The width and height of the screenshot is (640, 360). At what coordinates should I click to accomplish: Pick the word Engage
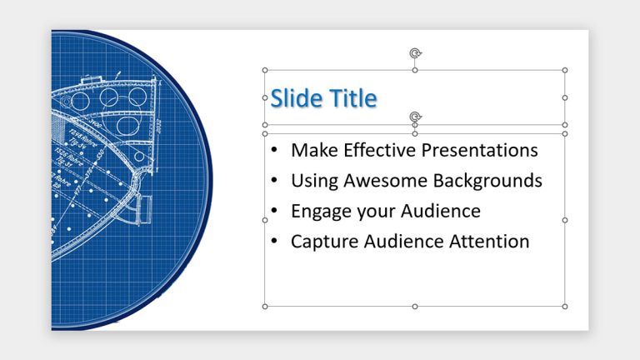point(320,212)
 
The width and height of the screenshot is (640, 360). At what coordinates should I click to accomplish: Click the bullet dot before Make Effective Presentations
point(275,151)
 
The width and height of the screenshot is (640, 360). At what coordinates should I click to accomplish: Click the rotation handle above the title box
point(415,54)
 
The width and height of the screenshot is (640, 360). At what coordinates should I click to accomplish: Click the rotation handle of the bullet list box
point(415,117)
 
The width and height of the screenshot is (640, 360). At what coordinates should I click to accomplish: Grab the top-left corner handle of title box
point(265,70)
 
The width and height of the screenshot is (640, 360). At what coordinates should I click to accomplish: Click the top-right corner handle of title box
point(565,70)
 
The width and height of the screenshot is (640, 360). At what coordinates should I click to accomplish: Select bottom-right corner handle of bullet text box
point(565,307)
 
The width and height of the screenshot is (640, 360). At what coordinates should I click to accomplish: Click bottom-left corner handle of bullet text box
point(265,307)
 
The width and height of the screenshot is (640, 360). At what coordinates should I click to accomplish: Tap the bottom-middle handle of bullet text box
point(415,307)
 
